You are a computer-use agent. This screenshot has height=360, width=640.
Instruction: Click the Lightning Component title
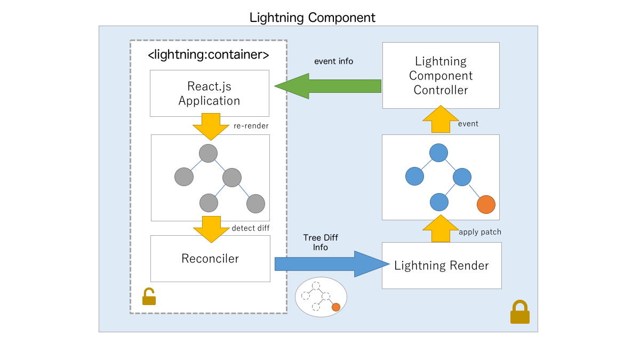point(313,17)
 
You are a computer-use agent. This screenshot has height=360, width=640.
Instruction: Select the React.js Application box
point(210,93)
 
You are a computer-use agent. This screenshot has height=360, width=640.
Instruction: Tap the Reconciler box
point(210,259)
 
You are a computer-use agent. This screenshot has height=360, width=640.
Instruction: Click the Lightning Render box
point(442,265)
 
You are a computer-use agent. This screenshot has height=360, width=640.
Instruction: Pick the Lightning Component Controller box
point(441,76)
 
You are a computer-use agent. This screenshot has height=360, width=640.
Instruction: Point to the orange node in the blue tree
point(486,204)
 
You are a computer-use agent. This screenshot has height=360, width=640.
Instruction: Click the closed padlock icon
point(519,313)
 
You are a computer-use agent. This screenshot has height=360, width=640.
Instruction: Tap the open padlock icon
point(149,297)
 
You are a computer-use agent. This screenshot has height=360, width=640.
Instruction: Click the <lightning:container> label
point(208,54)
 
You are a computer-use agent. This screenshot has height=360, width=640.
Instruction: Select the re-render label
point(251,126)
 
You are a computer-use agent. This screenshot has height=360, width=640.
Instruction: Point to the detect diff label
point(251,228)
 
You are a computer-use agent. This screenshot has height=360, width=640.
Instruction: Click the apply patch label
point(479,233)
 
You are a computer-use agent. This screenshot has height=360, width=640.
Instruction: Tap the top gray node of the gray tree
point(208,153)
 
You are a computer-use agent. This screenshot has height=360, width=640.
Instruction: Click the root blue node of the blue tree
point(438,153)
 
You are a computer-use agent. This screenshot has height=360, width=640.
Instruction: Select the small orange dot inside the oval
point(335,307)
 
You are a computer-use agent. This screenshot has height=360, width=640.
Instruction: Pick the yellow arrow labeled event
point(440,119)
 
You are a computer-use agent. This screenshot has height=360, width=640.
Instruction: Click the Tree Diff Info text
point(321,242)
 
